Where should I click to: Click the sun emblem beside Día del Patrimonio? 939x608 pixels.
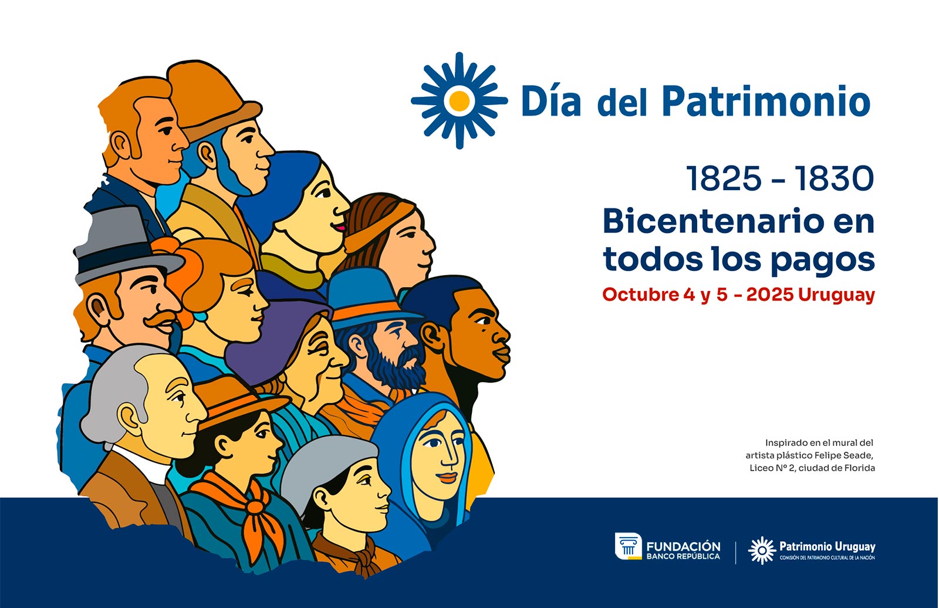pyautogui.click(x=460, y=100)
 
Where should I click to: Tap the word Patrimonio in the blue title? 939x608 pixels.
pyautogui.click(x=766, y=102)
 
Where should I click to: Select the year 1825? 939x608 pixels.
pyautogui.click(x=723, y=178)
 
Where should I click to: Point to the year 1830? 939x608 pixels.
pyautogui.click(x=834, y=178)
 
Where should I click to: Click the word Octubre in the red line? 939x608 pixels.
pyautogui.click(x=640, y=295)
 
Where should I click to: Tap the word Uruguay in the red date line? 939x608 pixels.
pyautogui.click(x=837, y=295)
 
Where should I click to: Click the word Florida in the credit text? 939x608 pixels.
pyautogui.click(x=860, y=468)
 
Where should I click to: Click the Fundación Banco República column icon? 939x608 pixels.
pyautogui.click(x=628, y=546)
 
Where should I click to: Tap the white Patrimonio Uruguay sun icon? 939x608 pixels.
pyautogui.click(x=762, y=550)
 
